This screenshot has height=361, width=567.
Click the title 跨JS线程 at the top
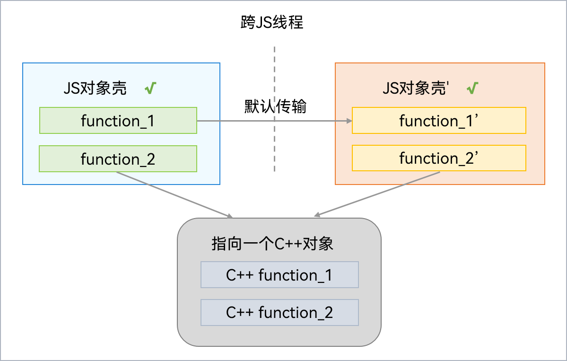(x=272, y=22)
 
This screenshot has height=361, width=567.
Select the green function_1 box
(x=118, y=121)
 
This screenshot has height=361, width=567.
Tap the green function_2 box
(x=118, y=159)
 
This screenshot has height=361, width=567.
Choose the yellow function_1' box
(x=439, y=121)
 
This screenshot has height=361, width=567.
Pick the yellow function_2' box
(x=439, y=158)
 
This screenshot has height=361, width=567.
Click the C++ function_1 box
(x=279, y=275)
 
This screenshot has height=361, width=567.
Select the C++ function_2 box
(x=279, y=312)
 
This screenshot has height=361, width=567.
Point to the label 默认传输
(x=275, y=106)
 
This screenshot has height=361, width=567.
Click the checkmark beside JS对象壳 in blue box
(x=150, y=88)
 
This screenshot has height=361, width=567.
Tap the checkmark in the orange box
(x=472, y=88)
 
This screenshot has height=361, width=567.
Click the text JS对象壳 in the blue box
(x=95, y=88)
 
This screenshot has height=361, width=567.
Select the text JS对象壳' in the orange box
(x=415, y=88)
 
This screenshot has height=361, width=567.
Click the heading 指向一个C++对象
(x=272, y=244)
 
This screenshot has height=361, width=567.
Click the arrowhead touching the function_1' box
(x=349, y=121)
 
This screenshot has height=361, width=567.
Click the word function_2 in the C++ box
(x=296, y=312)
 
